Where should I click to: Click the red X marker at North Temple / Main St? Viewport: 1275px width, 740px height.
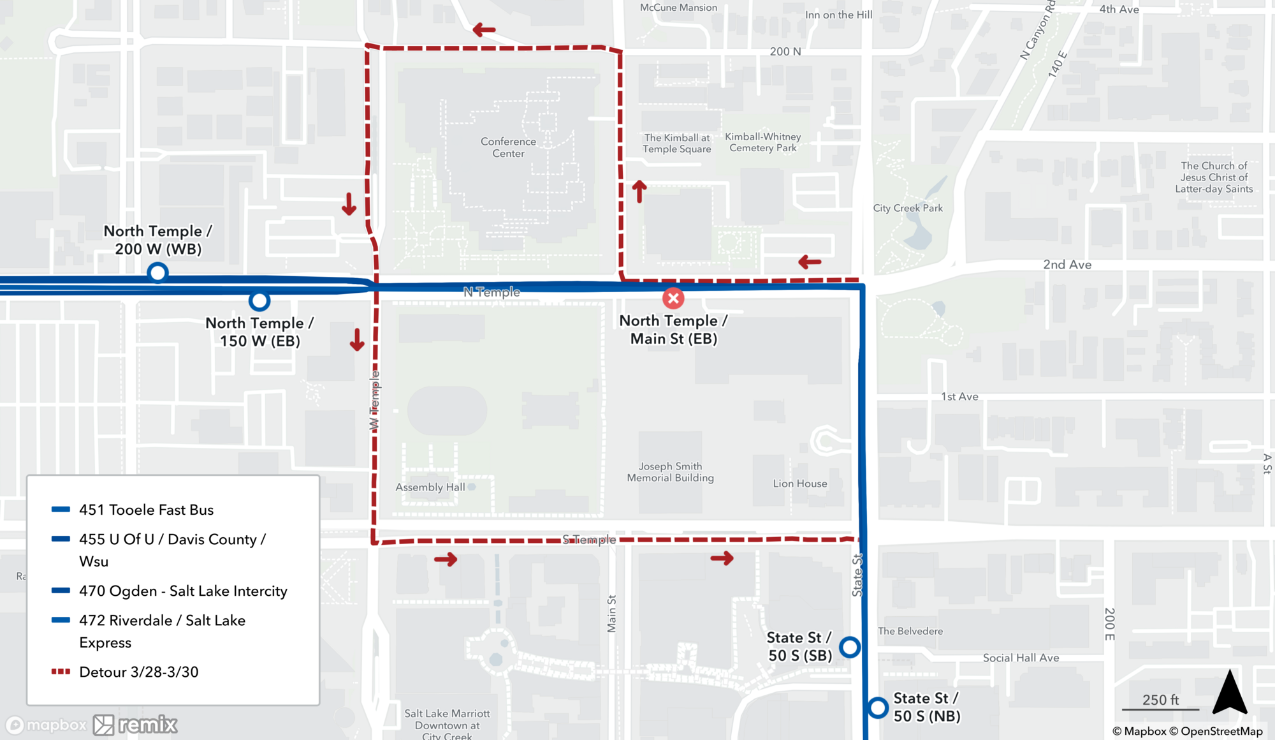tap(673, 298)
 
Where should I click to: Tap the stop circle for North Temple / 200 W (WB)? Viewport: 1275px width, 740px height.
tap(157, 272)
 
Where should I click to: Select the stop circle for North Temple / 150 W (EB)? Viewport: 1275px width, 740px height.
tap(259, 300)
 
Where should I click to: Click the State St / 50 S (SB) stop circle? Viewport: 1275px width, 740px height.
tap(849, 647)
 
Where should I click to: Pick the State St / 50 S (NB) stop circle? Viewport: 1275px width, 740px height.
tap(877, 707)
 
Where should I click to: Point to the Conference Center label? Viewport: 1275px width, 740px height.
tap(508, 147)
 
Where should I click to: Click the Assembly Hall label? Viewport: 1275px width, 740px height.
tap(430, 487)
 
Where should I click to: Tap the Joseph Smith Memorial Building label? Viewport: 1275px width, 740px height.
tap(670, 472)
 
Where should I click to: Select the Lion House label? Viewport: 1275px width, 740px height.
tap(800, 484)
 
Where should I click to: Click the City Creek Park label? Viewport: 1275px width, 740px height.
tap(908, 208)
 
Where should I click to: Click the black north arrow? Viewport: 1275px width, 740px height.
tap(1230, 693)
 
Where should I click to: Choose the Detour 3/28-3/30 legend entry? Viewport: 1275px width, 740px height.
tap(138, 672)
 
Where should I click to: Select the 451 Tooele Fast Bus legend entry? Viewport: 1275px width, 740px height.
tap(146, 510)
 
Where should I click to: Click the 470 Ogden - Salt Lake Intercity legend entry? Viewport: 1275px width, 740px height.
tap(183, 591)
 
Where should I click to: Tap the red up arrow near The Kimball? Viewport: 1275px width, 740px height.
tap(639, 191)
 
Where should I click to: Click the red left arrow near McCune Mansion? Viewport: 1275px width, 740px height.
tap(484, 29)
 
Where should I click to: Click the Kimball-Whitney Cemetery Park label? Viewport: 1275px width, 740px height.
tap(763, 142)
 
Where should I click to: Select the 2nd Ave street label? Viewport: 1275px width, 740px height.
tap(1067, 265)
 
